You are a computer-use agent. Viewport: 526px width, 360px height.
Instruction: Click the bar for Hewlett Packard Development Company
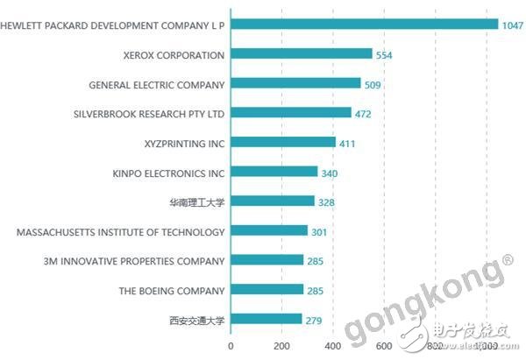click(364, 25)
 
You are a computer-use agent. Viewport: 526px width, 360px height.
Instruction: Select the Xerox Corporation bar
click(301, 54)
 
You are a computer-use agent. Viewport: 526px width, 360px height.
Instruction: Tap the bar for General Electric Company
click(295, 84)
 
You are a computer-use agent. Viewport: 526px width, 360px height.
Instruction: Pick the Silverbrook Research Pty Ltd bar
click(290, 113)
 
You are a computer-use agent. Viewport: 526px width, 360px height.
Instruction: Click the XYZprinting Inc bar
click(282, 143)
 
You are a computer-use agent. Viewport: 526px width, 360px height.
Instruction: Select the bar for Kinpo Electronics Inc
click(274, 172)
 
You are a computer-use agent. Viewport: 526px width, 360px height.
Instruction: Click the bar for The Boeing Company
click(267, 290)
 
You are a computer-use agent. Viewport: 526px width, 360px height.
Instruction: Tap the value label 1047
click(512, 25)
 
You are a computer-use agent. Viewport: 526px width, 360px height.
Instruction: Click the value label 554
click(385, 54)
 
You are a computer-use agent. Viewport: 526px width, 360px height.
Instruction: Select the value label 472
click(364, 114)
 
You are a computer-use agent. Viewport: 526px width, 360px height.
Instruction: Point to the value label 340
click(330, 173)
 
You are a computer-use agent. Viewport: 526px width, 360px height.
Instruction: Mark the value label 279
click(314, 321)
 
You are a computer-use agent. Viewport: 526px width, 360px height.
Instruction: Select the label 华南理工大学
click(197, 202)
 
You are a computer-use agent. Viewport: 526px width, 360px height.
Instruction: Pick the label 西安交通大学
click(197, 321)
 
